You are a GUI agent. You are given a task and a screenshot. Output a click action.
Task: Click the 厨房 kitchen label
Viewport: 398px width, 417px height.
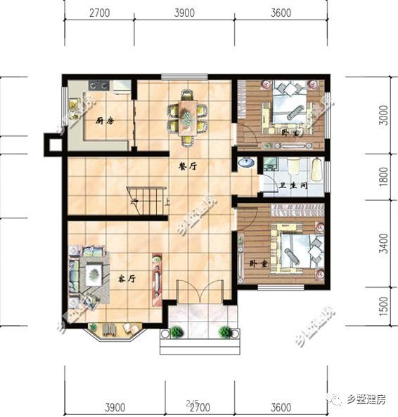click(105, 120)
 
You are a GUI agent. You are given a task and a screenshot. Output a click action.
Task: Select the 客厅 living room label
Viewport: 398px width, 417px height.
click(126, 278)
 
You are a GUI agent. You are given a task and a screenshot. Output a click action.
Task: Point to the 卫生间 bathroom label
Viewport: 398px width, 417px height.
click(292, 186)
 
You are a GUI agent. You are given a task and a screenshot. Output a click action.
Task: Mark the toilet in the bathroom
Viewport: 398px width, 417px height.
click(294, 166)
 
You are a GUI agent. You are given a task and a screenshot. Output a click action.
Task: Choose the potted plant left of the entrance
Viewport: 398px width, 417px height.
click(176, 332)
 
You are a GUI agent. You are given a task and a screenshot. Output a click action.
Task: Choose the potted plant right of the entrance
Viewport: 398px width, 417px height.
click(225, 332)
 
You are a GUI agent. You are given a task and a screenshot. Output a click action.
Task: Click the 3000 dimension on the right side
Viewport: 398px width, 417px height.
click(384, 115)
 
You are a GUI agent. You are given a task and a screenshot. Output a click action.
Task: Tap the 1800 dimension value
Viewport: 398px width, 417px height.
click(384, 177)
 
